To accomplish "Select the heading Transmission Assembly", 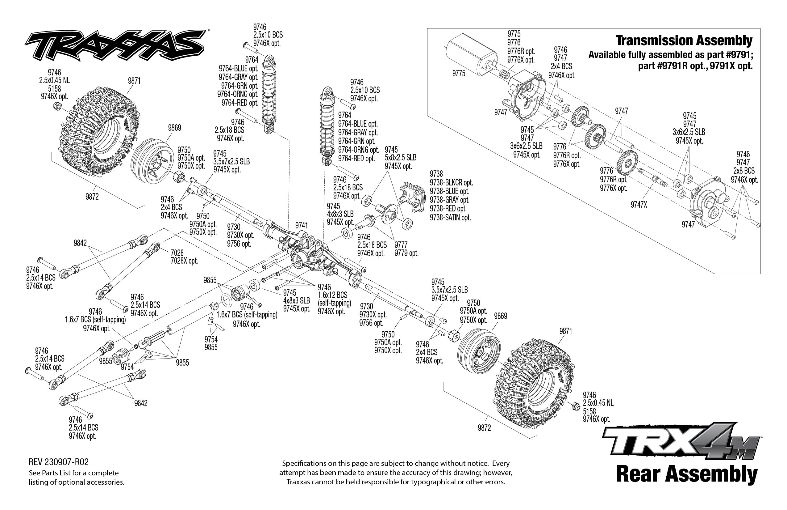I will tap(684, 41).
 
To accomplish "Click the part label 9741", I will tap(301, 226).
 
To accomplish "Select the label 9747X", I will tap(639, 205).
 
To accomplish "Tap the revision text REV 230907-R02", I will tap(59, 462).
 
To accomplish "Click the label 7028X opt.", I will tap(184, 261).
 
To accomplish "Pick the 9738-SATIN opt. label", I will tap(450, 218).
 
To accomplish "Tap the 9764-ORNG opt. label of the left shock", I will tap(237, 94).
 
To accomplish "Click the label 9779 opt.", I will tap(406, 253).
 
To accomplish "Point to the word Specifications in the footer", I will tap(304, 463).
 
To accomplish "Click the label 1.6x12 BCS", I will tap(332, 295).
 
